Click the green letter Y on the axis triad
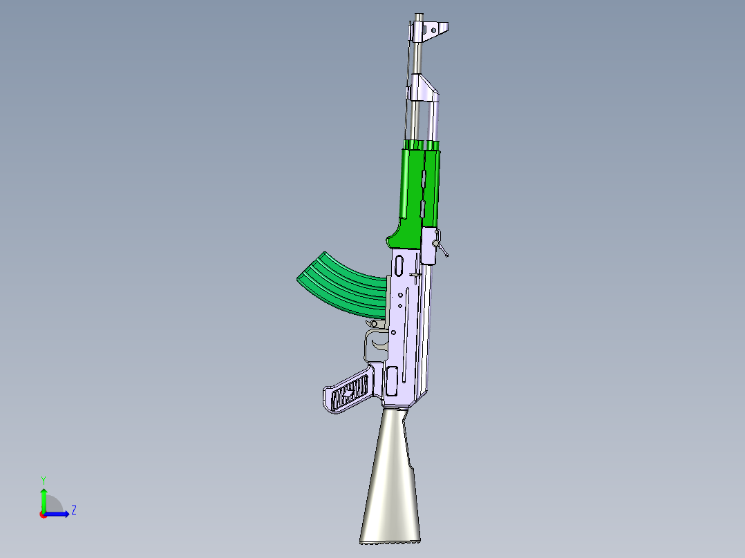(x=43, y=479)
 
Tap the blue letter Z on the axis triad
(x=73, y=510)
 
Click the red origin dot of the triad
(x=43, y=514)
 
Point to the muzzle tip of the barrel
(x=419, y=15)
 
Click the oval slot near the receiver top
(x=399, y=262)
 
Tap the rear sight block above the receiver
(x=429, y=245)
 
